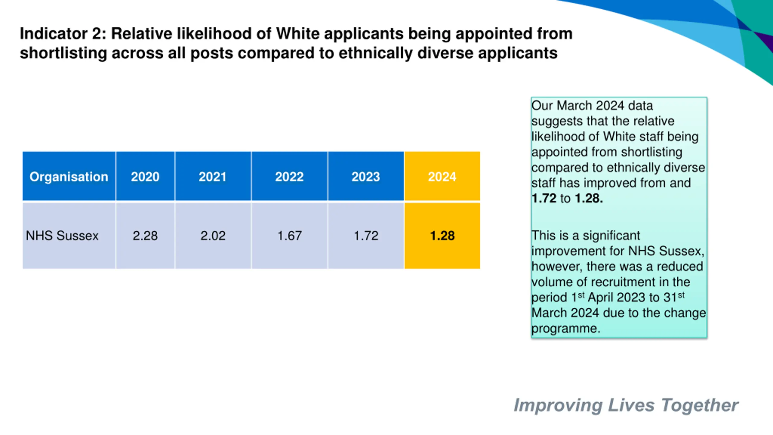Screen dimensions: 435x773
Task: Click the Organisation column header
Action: pyautogui.click(x=69, y=177)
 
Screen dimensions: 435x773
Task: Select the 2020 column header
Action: pyautogui.click(x=145, y=177)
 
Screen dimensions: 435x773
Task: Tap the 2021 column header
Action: pyautogui.click(x=213, y=177)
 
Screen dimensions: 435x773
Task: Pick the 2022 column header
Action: pyautogui.click(x=289, y=177)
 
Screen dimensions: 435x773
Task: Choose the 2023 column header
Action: pyautogui.click(x=366, y=177)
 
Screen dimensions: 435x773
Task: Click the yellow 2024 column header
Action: pyautogui.click(x=442, y=177)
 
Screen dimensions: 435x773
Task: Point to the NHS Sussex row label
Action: pyautogui.click(x=62, y=236)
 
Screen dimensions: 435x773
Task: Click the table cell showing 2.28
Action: pyautogui.click(x=145, y=236)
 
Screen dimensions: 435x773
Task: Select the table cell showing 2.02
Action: pyautogui.click(x=213, y=236)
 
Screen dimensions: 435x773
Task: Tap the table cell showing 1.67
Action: pyautogui.click(x=290, y=236)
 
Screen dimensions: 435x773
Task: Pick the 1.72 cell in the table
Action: pyautogui.click(x=366, y=236)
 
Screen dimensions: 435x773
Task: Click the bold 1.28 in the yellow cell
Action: pyautogui.click(x=442, y=236)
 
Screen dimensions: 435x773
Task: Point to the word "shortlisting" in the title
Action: pyautogui.click(x=63, y=53)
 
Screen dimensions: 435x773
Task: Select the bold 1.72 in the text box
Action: pyautogui.click(x=544, y=198)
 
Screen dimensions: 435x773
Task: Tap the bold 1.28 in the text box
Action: pyautogui.click(x=589, y=198)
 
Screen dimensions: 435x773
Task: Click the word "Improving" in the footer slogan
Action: pyautogui.click(x=558, y=406)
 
